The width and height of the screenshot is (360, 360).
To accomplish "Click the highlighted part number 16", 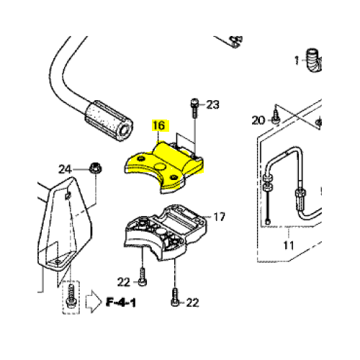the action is tap(159, 125).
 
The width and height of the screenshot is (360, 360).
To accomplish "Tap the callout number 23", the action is tap(213, 105).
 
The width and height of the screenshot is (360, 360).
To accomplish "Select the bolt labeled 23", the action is tap(194, 108).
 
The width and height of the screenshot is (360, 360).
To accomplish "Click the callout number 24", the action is tap(65, 169).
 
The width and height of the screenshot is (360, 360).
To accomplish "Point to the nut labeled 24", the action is tap(95, 168).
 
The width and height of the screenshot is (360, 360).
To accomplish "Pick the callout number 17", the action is tap(220, 217).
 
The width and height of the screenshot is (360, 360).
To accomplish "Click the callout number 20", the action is tap(258, 120).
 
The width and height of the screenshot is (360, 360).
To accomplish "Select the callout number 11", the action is tap(289, 246).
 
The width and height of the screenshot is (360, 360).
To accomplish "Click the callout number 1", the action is tap(297, 60).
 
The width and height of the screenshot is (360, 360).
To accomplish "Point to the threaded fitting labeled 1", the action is tap(313, 60).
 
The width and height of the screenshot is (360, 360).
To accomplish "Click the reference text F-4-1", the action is tap(121, 302).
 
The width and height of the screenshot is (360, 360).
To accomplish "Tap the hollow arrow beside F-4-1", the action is tap(94, 302).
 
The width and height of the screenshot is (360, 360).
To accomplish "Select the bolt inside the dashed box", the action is tap(71, 296).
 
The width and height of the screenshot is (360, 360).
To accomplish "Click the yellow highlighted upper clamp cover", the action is tap(164, 167).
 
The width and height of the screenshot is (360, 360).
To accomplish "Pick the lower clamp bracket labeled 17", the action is tap(166, 233).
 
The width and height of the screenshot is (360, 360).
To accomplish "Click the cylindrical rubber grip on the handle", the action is tap(109, 121).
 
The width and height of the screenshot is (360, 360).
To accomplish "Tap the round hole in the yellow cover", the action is tap(159, 166).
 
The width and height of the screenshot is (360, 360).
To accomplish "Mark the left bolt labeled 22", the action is tap(143, 277).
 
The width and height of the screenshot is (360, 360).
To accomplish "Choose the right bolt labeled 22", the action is tap(175, 297).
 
